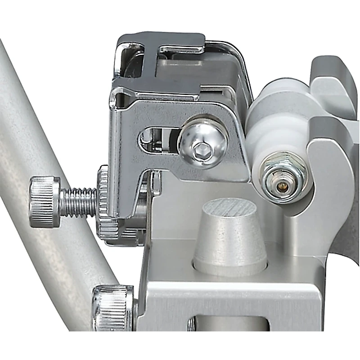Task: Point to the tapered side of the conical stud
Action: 230,243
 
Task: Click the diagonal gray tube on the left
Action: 40,135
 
